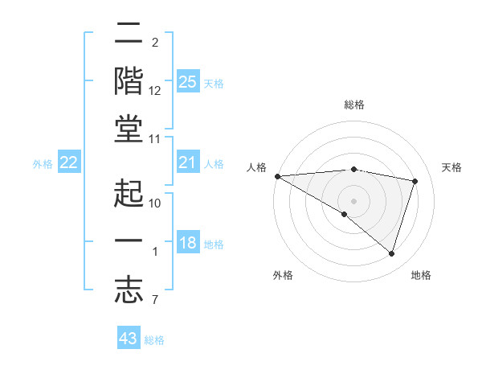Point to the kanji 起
(129, 192)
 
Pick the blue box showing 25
(187, 82)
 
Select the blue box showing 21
(187, 163)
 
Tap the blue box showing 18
(187, 244)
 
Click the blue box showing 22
(68, 163)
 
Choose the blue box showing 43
(129, 339)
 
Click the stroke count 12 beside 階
(155, 90)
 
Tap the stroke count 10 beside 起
(155, 203)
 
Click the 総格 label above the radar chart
(353, 105)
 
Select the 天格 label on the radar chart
(451, 167)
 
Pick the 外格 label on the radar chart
(283, 275)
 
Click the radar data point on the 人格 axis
(277, 175)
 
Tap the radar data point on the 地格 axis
(391, 253)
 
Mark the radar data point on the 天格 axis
(415, 181)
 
